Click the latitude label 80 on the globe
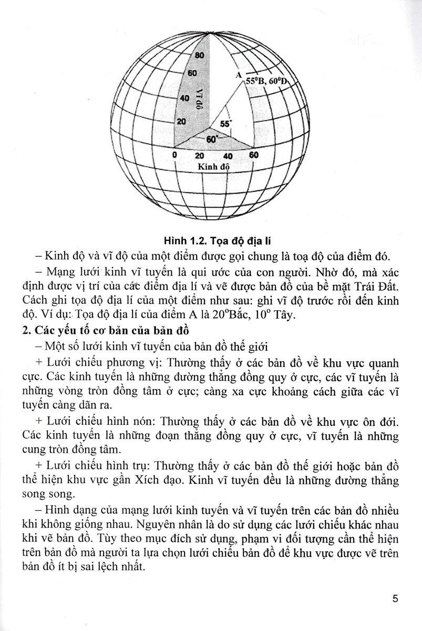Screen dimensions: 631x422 [x=199, y=55]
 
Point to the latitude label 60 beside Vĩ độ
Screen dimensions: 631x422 [x=192, y=73]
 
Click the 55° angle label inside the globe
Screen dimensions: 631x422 [x=225, y=124]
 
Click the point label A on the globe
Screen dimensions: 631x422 [x=238, y=76]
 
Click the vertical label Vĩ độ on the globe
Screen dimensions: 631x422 [x=200, y=97]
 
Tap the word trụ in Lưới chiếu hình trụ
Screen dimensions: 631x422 [x=141, y=466]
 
